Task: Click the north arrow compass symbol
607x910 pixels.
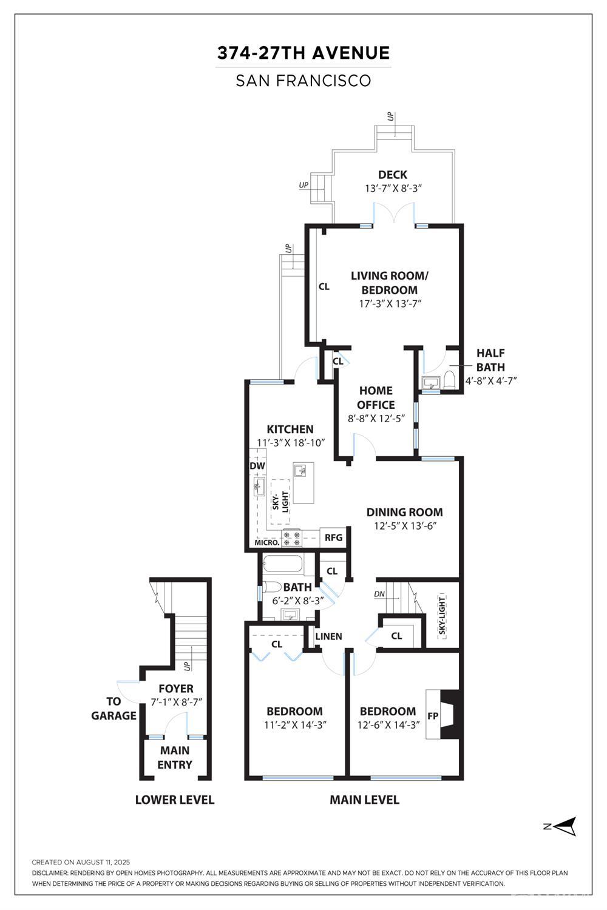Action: pos(561,826)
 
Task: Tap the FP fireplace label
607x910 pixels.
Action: pos(433,716)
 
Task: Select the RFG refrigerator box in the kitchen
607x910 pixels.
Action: pos(333,538)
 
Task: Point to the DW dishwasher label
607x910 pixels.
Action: pos(257,466)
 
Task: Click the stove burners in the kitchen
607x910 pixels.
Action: pos(292,539)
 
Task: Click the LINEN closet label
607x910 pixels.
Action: pos(328,636)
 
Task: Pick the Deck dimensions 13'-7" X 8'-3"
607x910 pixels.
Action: pos(392,189)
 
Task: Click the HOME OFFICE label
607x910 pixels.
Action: pos(376,398)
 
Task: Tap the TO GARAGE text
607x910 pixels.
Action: pos(114,709)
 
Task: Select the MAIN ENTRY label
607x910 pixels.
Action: pos(174,757)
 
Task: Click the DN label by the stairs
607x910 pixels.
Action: pos(379,594)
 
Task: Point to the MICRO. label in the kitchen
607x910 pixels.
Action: pos(267,543)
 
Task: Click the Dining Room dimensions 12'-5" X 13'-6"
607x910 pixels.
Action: pos(405,526)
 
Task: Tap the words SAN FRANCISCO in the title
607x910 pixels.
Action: pos(303,81)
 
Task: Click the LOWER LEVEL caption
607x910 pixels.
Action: pos(175,800)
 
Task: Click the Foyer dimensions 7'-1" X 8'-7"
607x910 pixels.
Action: pos(177,702)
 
